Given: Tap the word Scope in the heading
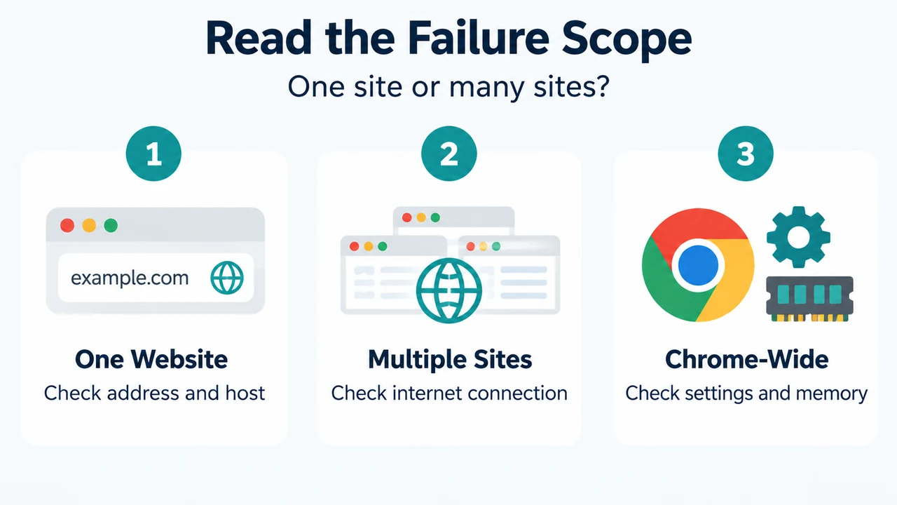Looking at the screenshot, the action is [x=626, y=39].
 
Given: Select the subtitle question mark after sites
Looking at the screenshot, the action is [x=601, y=86].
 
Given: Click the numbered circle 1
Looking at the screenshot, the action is [x=153, y=154].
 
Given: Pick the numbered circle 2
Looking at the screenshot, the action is [x=449, y=154].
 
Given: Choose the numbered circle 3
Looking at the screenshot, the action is [x=745, y=154].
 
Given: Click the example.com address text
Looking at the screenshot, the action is [x=130, y=278].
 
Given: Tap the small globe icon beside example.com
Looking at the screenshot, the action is [x=227, y=278].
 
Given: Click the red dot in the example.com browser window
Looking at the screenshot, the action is [x=67, y=225].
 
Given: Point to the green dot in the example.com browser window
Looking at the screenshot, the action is [x=111, y=225].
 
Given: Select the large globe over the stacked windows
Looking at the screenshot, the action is [x=449, y=290].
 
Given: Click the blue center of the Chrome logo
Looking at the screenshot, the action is [x=698, y=265].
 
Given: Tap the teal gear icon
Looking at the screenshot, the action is [x=798, y=237].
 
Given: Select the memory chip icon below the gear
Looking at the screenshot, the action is [x=809, y=299].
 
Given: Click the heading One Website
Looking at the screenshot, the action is [x=151, y=359].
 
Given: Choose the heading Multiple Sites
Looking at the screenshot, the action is [x=450, y=360].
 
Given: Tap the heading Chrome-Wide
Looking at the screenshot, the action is [x=747, y=359].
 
